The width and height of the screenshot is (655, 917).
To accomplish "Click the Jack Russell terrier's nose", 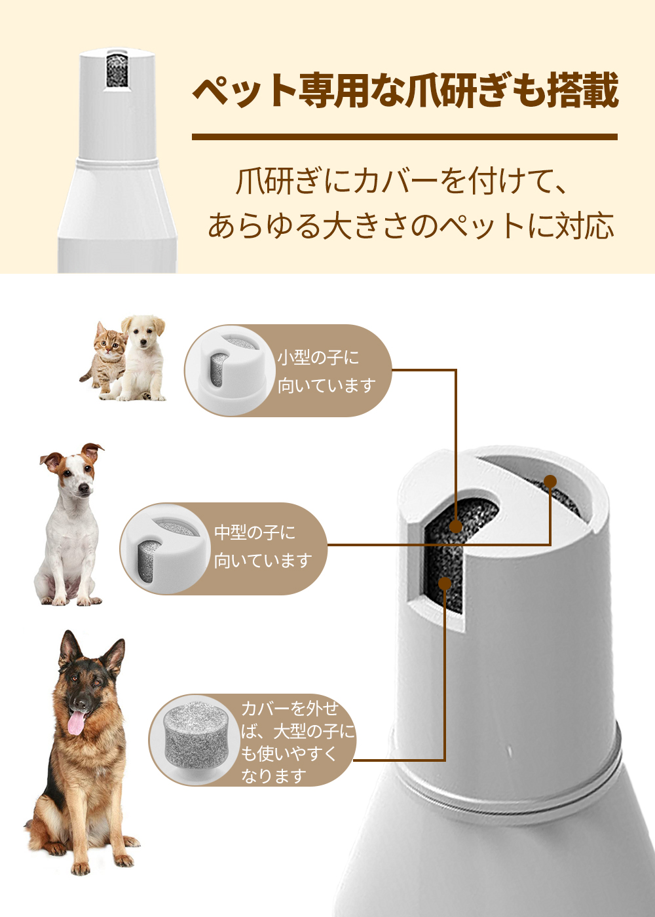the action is [84, 489].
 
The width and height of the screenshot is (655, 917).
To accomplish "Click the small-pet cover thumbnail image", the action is [230, 371].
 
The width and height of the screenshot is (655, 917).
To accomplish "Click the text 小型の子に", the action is [318, 358].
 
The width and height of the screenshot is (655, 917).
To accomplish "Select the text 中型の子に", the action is [255, 533].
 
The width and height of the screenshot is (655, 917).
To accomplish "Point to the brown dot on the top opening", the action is [550, 481].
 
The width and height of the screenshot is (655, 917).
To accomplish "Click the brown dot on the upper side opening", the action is [456, 527].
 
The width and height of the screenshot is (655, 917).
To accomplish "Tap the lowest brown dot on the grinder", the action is [445, 584].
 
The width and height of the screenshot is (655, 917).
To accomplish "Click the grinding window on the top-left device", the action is [117, 70].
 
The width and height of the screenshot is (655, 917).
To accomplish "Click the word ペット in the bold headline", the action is [245, 91].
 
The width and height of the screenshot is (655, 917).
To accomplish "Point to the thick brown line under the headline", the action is [405, 137].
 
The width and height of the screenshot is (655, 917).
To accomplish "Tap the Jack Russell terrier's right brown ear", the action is [92, 451].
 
